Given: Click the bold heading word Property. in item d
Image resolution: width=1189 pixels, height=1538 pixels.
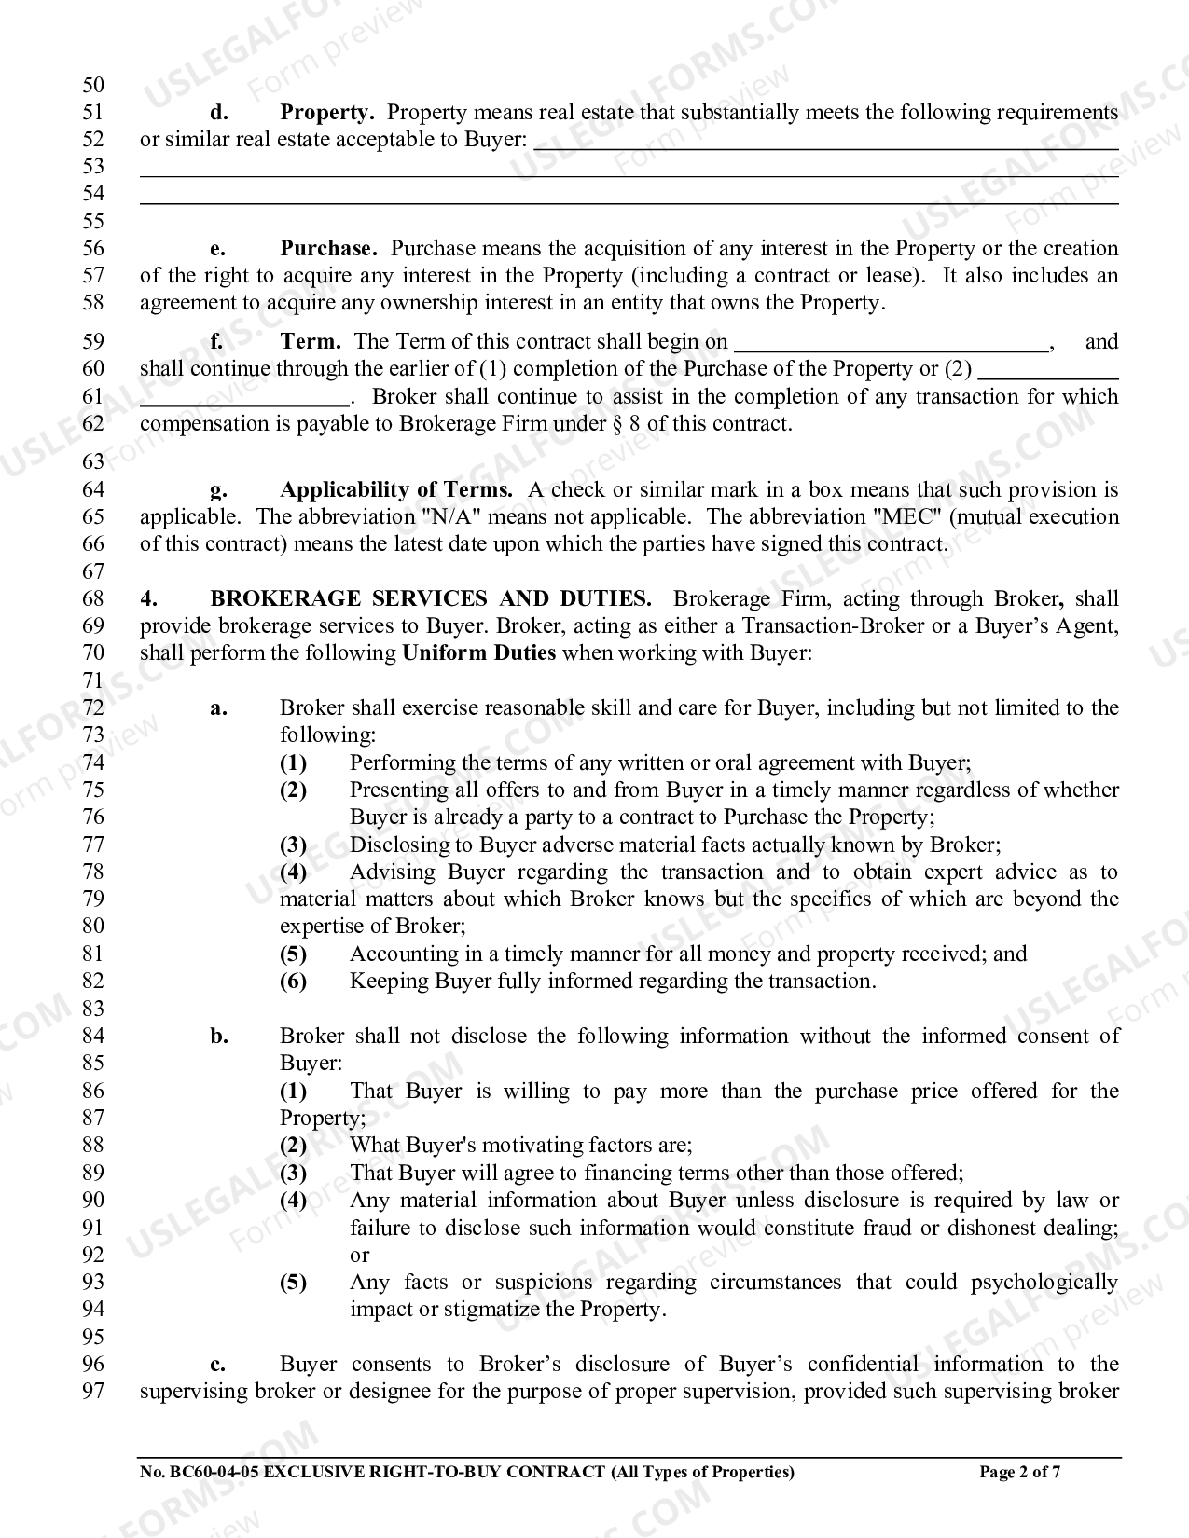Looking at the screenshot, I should coord(326,113).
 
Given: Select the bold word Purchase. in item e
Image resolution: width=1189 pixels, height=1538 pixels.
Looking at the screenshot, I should coord(328,249).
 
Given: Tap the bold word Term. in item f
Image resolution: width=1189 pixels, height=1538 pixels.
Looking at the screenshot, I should coord(311,342).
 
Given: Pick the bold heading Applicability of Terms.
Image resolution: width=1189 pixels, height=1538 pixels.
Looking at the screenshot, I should coord(396,490).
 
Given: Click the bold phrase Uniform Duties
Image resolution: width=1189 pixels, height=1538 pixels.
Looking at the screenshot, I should coord(478,653).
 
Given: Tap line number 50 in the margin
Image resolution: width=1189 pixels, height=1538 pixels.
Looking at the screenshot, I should coord(93,86).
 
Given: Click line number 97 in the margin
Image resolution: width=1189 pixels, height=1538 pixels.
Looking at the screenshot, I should coord(93,1392).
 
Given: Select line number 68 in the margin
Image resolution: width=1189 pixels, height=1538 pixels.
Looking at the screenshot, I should coord(93,599).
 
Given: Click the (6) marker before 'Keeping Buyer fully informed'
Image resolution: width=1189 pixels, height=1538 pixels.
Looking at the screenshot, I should coord(294,982).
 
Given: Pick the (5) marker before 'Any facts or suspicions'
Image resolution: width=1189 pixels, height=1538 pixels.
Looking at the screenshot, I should coord(294,1283).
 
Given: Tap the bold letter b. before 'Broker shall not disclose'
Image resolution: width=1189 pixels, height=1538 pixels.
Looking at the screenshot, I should coord(219,1037).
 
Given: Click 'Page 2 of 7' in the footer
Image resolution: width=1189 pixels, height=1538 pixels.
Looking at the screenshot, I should coord(1019,1473).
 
